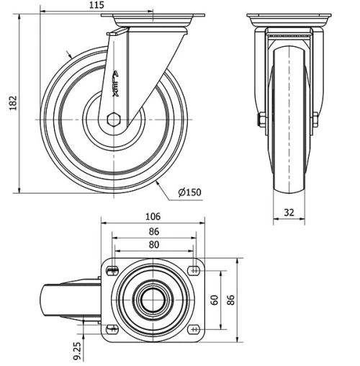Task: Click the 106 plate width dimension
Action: (x=152, y=216)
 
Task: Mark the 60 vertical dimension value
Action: (x=214, y=300)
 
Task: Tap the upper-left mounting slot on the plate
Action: (x=111, y=270)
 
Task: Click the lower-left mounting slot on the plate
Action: (x=111, y=329)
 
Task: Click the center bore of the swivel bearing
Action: (x=152, y=300)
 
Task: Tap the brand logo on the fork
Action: (x=117, y=83)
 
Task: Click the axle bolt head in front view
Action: (x=260, y=120)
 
